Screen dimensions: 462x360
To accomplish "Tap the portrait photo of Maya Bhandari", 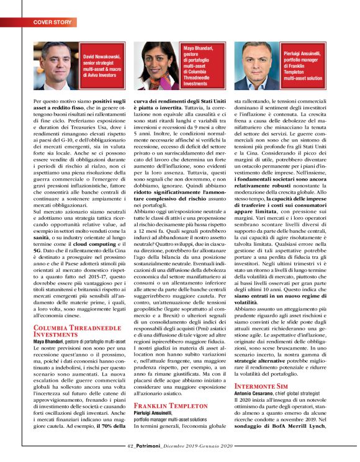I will [x=156, y=64].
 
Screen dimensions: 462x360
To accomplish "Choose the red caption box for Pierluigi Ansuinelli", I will [x=304, y=66].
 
